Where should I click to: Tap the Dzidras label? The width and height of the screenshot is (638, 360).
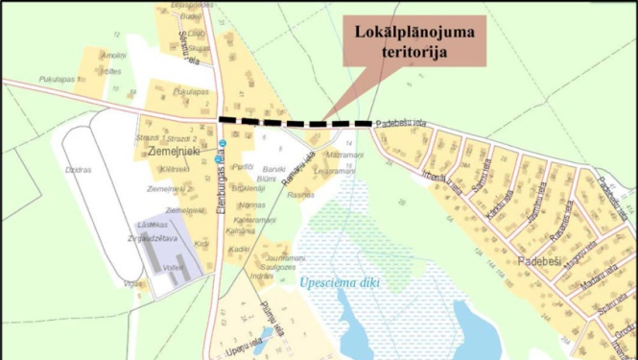click(x=79, y=170)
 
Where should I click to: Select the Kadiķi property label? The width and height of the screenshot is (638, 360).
click(x=240, y=249)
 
